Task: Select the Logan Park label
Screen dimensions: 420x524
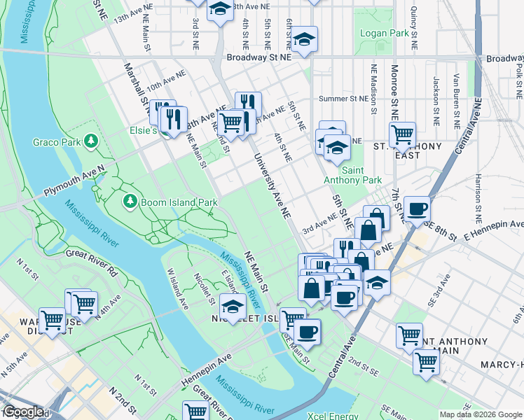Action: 383,33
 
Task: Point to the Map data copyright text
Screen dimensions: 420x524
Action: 481,414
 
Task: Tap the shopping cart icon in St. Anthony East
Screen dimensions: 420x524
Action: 402,135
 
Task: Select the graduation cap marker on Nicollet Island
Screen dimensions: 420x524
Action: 233,306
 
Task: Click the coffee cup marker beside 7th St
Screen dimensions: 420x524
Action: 417,208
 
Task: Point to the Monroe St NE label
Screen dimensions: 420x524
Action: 394,91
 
